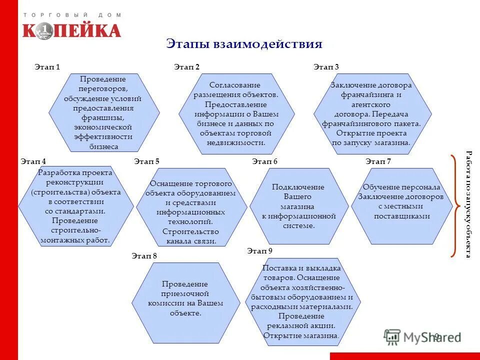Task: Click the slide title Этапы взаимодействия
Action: tap(244, 43)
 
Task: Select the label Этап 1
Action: tap(47, 66)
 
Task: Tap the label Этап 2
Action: tap(186, 66)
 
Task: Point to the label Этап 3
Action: tap(326, 66)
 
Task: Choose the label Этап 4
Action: tap(33, 161)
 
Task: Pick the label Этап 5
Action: tap(146, 161)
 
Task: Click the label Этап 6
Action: tap(264, 161)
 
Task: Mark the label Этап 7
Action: tap(378, 161)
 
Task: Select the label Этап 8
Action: tap(144, 255)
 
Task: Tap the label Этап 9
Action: tap(259, 250)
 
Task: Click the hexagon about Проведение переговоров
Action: tap(103, 112)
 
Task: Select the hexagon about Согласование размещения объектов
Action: tap(236, 112)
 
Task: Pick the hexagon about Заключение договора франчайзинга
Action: tap(372, 112)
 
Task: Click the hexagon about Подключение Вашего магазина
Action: tap(298, 205)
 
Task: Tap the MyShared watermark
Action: tap(422, 336)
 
